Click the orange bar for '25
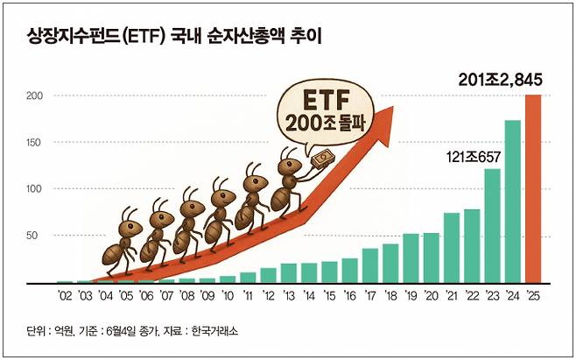pyautogui.click(x=532, y=189)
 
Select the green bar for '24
pyautogui.click(x=513, y=202)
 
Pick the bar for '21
pyautogui.click(x=452, y=248)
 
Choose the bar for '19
pyautogui.click(x=411, y=258)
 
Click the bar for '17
pyautogui.click(x=370, y=266)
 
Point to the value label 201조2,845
pyautogui.click(x=500, y=81)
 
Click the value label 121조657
pyautogui.click(x=471, y=157)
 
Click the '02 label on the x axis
pyautogui.click(x=65, y=296)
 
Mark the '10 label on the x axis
pyautogui.click(x=228, y=296)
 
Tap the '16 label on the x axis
pyautogui.click(x=350, y=296)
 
